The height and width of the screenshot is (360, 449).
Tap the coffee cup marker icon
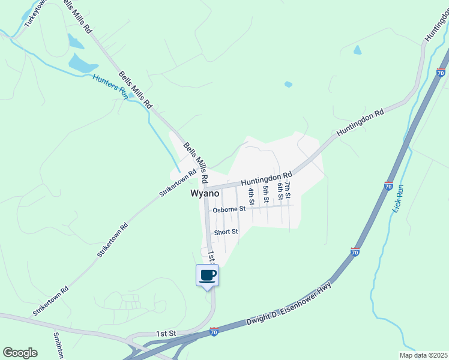tap(208, 275)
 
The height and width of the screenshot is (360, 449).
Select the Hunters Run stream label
tap(110, 86)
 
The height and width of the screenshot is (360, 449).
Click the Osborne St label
tap(229, 209)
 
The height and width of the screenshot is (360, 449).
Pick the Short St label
tap(227, 232)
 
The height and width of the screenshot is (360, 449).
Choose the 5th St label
tap(266, 194)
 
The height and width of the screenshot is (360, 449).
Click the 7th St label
tap(288, 190)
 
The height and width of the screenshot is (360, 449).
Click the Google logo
tap(20, 353)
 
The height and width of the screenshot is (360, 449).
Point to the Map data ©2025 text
tap(423, 355)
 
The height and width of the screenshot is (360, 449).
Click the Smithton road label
tap(58, 345)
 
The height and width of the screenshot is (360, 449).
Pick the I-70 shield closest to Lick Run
tap(389, 186)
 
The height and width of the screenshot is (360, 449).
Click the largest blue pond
tap(82, 63)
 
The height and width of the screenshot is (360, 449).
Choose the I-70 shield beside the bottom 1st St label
tap(214, 331)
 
